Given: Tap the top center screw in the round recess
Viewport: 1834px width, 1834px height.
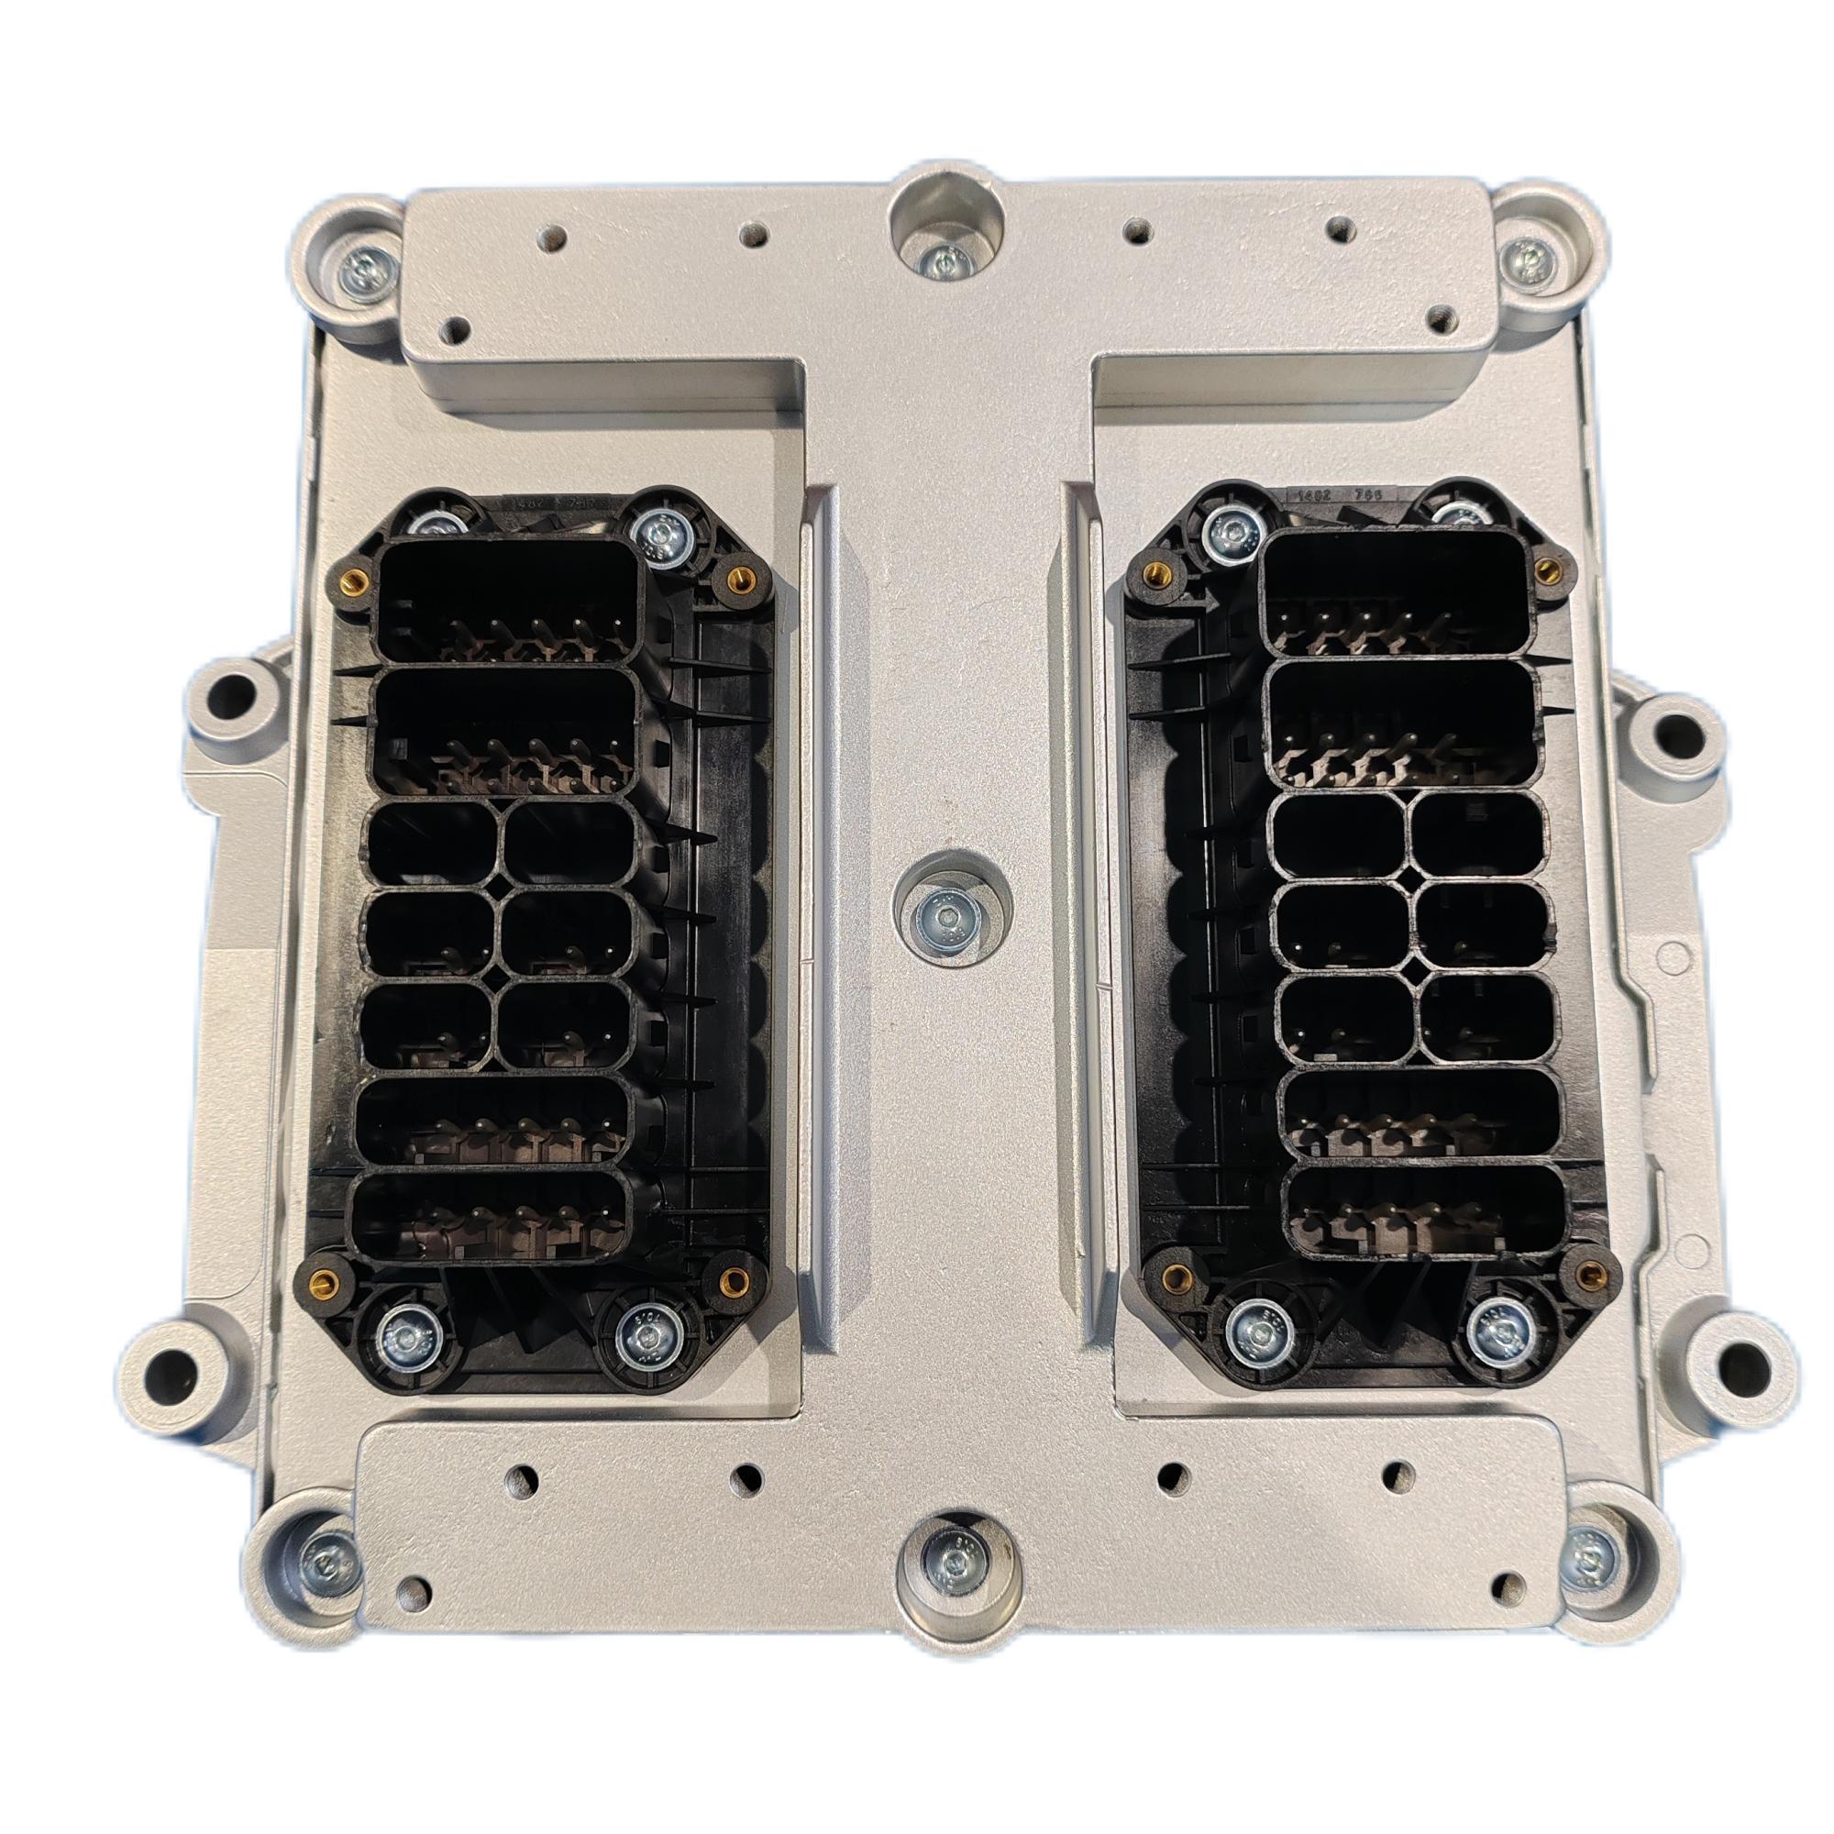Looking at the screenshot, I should tap(943, 260).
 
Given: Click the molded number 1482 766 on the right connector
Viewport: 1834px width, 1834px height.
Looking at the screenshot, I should tap(1336, 495).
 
